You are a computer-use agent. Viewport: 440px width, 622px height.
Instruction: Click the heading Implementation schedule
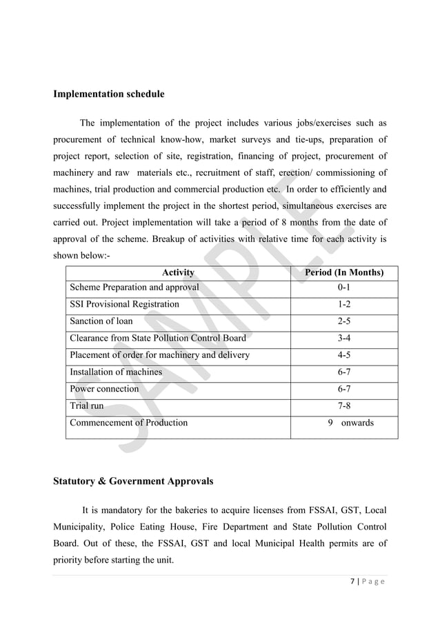point(109,94)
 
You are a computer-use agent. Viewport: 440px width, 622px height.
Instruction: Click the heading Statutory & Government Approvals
point(133,481)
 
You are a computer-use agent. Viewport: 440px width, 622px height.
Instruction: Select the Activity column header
point(178,272)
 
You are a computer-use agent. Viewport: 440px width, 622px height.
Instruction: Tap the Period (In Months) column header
point(344,272)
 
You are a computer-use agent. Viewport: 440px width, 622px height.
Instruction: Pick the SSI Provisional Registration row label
point(124,304)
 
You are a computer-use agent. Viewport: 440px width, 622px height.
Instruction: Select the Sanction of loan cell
point(101,321)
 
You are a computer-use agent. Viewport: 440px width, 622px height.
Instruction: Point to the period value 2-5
point(344,321)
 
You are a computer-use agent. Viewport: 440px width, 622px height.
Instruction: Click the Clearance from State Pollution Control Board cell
point(157,338)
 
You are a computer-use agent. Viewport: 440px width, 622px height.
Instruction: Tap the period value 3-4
point(344,338)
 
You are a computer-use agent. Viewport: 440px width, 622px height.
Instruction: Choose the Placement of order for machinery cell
point(159,355)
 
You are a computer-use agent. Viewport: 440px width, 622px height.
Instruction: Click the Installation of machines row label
point(116,372)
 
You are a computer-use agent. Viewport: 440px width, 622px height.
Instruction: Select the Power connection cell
point(104,389)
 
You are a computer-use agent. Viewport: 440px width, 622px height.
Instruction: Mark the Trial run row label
point(86,405)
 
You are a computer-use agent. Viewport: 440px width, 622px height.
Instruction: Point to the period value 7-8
point(344,405)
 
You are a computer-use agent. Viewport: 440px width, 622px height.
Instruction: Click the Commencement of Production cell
point(128,423)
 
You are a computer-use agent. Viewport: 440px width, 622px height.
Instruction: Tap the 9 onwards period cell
point(350,423)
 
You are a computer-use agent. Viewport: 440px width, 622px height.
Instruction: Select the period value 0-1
point(344,287)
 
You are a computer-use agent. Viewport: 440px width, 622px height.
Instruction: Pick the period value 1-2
point(344,304)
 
